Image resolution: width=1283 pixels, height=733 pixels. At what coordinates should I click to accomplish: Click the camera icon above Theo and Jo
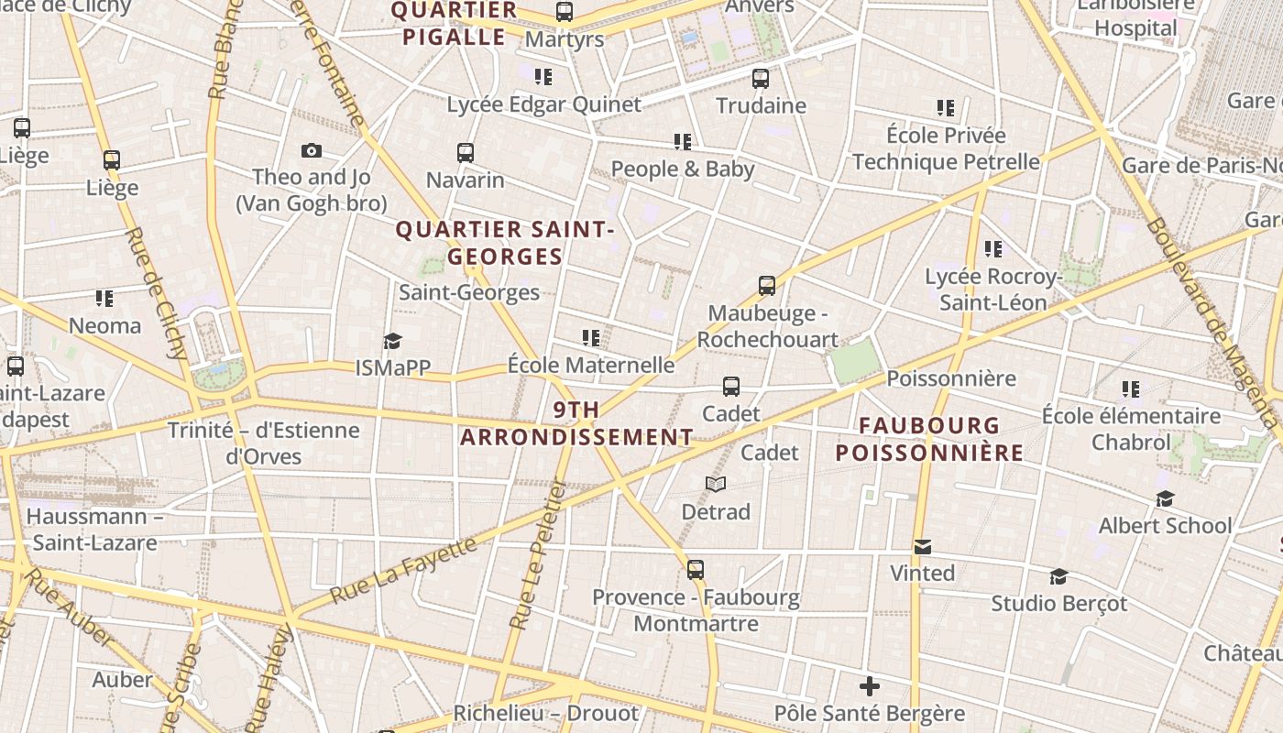312,151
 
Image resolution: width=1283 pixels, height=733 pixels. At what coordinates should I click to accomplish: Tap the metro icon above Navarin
466,153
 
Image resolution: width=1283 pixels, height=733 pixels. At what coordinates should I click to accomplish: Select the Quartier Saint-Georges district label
504,243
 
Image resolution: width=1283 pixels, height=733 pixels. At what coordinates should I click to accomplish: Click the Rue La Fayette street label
403,570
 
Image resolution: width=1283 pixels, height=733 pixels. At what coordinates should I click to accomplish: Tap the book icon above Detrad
716,484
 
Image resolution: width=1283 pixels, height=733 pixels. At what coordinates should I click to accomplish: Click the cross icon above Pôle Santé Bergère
870,685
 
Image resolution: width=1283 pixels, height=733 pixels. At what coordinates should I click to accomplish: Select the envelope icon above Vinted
923,547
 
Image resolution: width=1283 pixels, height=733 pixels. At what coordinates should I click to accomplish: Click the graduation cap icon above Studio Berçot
1058,576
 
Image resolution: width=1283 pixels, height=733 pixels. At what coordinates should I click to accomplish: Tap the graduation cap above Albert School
1165,498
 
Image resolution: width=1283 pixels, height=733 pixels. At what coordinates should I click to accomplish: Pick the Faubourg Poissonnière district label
929,439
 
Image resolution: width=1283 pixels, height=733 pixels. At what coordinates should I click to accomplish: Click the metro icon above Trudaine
761,79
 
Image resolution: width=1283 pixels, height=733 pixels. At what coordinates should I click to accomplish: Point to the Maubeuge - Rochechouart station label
767,326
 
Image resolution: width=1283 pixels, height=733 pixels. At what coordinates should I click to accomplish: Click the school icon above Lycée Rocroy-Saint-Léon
992,249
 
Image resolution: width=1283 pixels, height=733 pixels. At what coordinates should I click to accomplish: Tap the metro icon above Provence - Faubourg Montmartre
696,570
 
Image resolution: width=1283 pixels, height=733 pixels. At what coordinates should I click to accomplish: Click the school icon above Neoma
104,299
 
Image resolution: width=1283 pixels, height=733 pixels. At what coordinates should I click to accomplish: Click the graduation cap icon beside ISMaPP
392,342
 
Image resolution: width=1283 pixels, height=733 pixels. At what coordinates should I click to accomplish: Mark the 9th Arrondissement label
576,423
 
